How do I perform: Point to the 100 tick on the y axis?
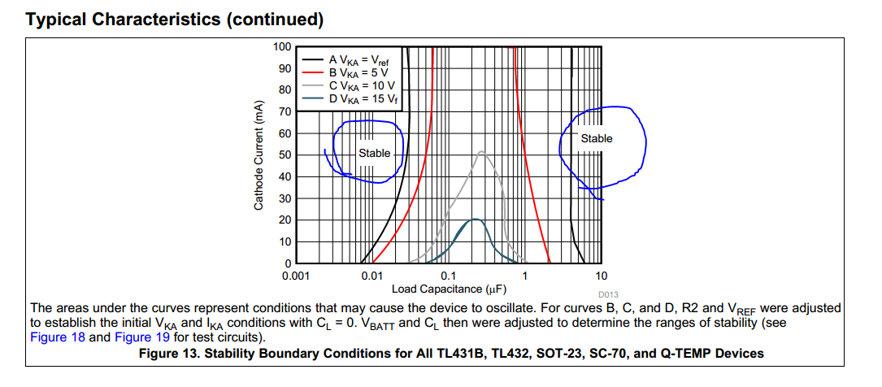point(281,46)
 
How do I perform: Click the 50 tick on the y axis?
point(284,155)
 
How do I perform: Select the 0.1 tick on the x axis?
point(448,276)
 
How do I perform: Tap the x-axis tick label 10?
point(602,276)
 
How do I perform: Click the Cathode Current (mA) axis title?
point(259,155)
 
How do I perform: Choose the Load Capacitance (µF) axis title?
point(450,289)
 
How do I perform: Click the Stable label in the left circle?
point(374,154)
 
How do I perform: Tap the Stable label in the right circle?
point(597,139)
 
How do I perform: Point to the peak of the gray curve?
point(482,152)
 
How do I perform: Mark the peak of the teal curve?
point(474,220)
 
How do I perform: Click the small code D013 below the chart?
point(608,294)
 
